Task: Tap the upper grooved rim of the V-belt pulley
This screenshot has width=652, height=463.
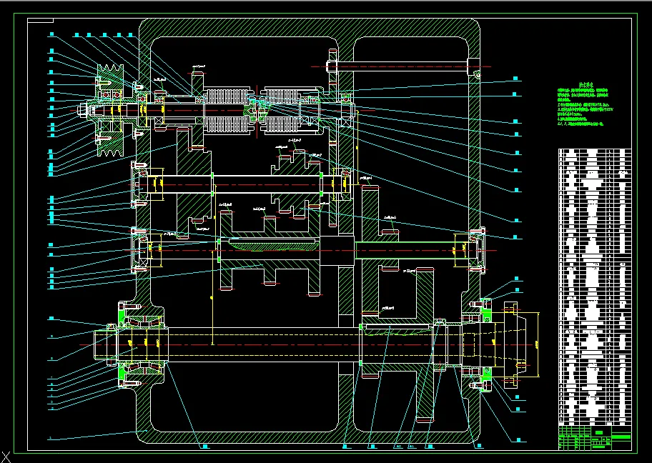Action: coord(109,71)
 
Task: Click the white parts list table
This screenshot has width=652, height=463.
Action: coord(594,286)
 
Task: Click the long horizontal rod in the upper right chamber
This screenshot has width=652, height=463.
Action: coord(400,67)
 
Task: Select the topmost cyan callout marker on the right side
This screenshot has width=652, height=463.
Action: coord(514,77)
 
